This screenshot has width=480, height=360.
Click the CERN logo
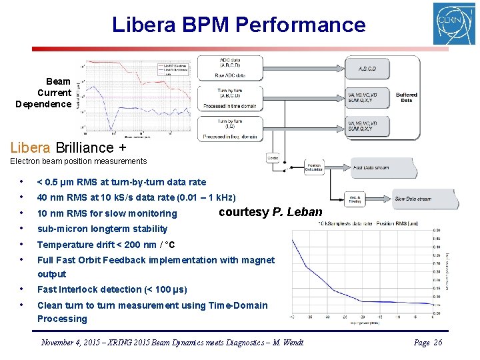pos(454,23)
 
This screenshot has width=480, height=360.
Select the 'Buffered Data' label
pos(406,97)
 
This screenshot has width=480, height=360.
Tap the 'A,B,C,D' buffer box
pos(367,69)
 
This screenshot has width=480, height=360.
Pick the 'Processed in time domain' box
pos(239,97)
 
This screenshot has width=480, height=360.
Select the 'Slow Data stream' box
pos(412,199)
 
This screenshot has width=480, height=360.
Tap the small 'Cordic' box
pos(273,157)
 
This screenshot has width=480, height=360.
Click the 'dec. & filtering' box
pos(356,198)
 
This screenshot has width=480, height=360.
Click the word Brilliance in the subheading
pos(85,147)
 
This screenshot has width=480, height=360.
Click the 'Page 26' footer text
pos(428,342)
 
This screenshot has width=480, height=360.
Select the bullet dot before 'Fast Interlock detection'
pos(23,289)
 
